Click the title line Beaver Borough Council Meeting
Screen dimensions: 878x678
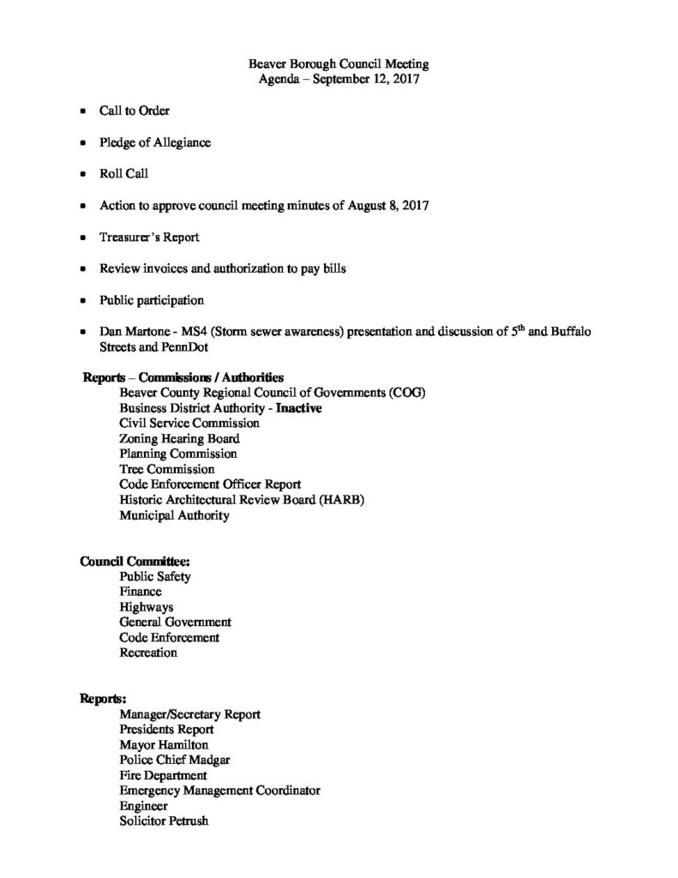(338, 64)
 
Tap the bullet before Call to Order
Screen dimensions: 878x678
(82, 111)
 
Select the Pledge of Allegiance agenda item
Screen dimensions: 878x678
(154, 142)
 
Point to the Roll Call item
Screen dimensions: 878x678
(123, 174)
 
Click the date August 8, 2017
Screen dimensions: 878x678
(391, 206)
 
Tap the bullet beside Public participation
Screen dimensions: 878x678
(82, 302)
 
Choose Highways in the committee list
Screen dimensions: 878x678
(147, 607)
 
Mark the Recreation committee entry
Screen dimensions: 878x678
(148, 653)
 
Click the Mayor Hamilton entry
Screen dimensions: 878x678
(164, 745)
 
